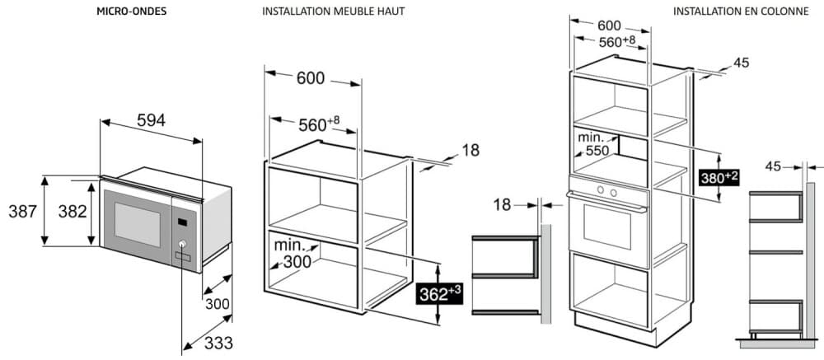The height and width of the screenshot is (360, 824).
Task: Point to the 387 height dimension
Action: [x=21, y=211]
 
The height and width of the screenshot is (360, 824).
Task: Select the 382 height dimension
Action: [x=72, y=211]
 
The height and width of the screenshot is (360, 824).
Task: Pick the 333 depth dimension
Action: [x=218, y=342]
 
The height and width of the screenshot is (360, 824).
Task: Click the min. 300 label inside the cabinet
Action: [x=293, y=255]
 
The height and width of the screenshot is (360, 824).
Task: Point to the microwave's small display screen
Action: [x=183, y=221]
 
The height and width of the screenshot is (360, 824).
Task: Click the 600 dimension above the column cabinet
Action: [x=610, y=26]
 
